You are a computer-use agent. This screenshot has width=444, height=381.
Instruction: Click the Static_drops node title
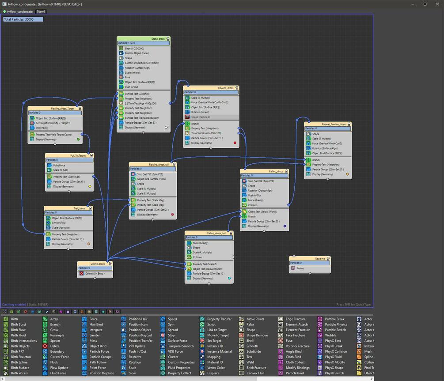158,39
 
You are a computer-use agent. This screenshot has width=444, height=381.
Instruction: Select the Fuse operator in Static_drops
128,77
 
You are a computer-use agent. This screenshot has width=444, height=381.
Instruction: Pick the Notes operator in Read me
300,268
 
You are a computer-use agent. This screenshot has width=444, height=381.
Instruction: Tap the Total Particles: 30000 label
23,19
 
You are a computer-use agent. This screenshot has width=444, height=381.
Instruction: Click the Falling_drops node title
276,171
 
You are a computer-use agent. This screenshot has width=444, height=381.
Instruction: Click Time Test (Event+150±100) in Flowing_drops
206,133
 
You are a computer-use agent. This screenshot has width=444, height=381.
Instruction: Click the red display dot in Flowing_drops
235,143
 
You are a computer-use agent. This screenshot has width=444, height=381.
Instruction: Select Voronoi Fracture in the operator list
297,346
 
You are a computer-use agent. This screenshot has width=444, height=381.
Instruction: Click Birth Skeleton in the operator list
21,357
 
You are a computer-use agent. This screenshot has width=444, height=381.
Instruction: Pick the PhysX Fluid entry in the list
333,357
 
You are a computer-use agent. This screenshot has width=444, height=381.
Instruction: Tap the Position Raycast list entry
140,335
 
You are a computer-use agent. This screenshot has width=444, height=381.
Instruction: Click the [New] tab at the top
41,11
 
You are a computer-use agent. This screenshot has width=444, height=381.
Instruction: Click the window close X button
436,4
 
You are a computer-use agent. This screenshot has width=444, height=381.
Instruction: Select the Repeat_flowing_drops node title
334,124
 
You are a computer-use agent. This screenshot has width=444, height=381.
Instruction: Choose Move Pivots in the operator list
255,319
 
